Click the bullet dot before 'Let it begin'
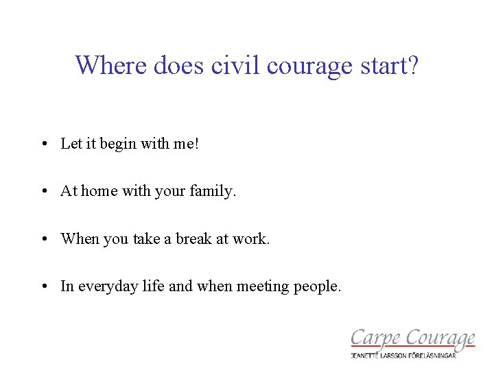(x=43, y=144)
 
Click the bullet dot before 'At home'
(x=43, y=192)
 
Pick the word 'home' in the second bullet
(x=99, y=191)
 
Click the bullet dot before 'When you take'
(x=43, y=239)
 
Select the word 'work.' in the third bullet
(x=251, y=238)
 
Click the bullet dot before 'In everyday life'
(x=43, y=286)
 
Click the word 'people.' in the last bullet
(x=317, y=287)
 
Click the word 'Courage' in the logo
(x=439, y=338)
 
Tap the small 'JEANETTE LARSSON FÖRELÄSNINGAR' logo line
(x=413, y=355)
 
